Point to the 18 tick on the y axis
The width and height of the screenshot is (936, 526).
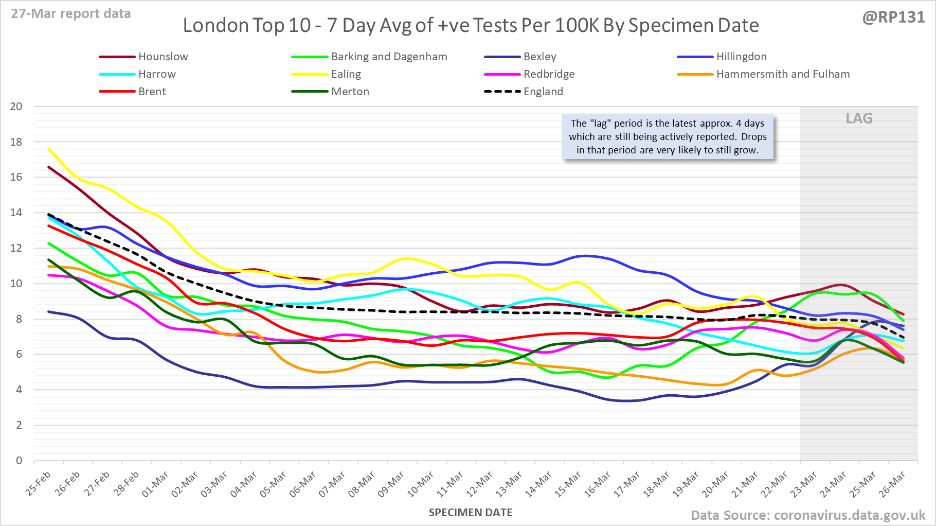(x=16, y=142)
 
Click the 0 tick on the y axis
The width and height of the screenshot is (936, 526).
(x=19, y=461)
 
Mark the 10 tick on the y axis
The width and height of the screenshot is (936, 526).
(x=16, y=284)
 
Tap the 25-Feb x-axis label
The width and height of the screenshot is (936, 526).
(x=39, y=483)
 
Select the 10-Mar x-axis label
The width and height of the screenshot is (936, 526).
(x=421, y=484)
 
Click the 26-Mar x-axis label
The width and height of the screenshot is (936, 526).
(x=893, y=484)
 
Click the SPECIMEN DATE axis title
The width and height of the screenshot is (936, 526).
(x=471, y=513)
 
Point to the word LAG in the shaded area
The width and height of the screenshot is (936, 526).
(x=859, y=118)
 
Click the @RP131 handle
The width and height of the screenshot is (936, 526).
(x=894, y=17)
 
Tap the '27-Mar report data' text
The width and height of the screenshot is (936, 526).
(x=71, y=13)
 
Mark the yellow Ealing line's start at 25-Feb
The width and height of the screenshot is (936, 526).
(x=49, y=149)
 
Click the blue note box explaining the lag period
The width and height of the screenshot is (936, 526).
(x=668, y=137)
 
